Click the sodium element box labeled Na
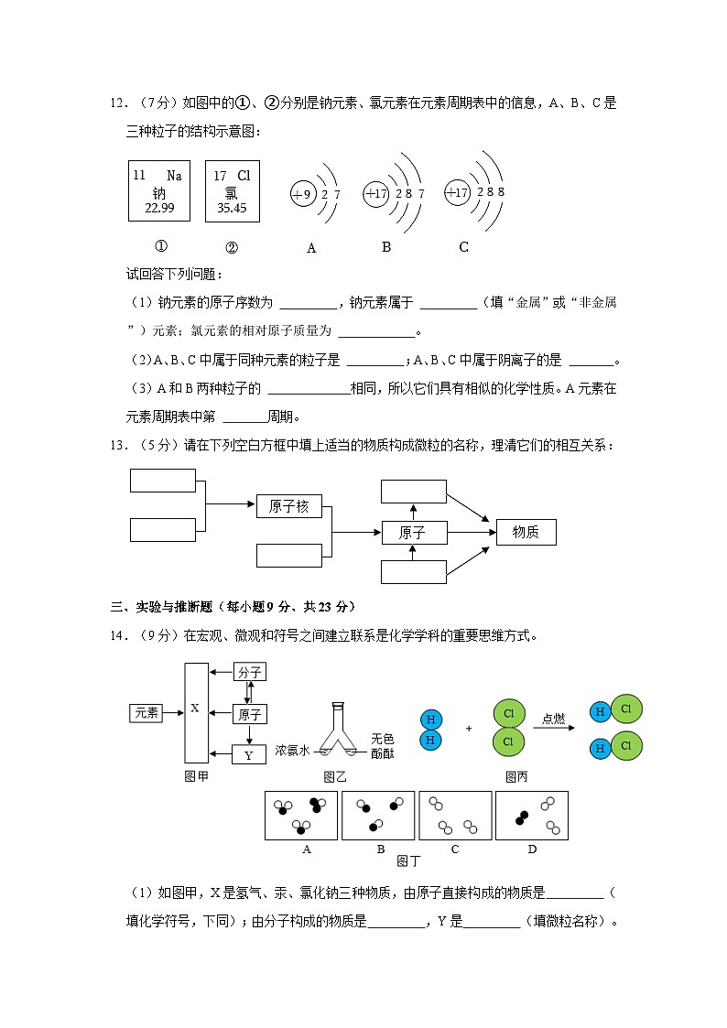pos(158,190)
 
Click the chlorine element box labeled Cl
pos(232,190)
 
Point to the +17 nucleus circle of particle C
pos(457,192)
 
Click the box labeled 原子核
pos(289,506)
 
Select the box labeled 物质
pos(526,532)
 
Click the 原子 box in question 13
pos(413,533)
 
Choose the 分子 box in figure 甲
pos(250,672)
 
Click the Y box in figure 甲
pos(249,755)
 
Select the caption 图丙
pos(517,777)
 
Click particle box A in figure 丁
pos(301,815)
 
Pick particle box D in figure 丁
pos(532,815)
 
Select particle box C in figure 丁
pos(455,815)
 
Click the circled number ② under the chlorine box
pos(232,246)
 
